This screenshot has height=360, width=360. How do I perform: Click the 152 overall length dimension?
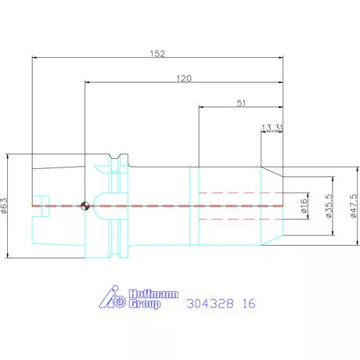tap(157, 54)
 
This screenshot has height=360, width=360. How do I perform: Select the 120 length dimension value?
tap(184, 78)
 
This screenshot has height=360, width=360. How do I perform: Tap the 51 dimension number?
tap(241, 103)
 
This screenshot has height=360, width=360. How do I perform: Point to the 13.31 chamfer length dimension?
tap(272, 128)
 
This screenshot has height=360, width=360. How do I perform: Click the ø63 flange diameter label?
tap(5, 206)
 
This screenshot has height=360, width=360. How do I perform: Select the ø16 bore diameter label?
tap(304, 206)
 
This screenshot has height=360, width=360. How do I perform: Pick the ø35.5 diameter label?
tap(329, 206)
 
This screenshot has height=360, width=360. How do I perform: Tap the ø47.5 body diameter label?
tap(354, 206)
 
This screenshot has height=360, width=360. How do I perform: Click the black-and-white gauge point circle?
tap(85, 206)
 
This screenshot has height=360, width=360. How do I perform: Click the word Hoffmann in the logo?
tap(153, 294)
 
